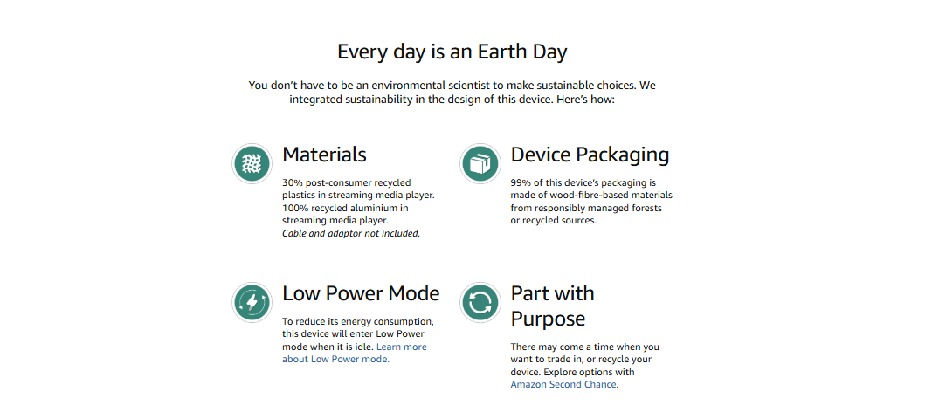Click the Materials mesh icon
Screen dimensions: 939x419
tap(252, 163)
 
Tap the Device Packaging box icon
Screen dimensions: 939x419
tap(480, 163)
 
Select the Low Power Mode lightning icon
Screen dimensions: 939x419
tap(252, 302)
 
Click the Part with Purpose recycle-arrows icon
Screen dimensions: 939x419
tap(480, 302)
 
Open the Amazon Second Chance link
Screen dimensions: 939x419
tap(563, 384)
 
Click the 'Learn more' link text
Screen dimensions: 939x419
tap(402, 347)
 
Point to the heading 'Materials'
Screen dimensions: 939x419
tap(324, 155)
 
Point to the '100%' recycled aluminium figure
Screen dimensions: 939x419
tap(293, 208)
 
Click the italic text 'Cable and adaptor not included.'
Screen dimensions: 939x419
tap(351, 233)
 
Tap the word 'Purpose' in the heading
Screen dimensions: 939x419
tap(548, 319)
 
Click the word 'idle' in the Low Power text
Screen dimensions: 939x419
tap(365, 347)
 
